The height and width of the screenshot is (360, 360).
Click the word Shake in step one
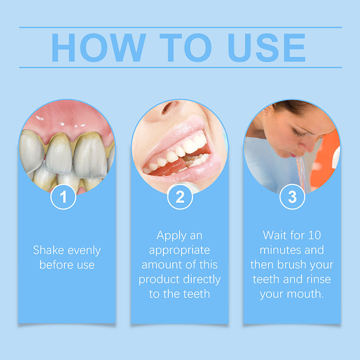pyautogui.click(x=49, y=250)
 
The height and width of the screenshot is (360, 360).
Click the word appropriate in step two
pyautogui.click(x=180, y=250)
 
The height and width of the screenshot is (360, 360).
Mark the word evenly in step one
pyautogui.click(x=84, y=250)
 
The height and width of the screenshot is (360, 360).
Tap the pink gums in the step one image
pyautogui.click(x=67, y=121)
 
